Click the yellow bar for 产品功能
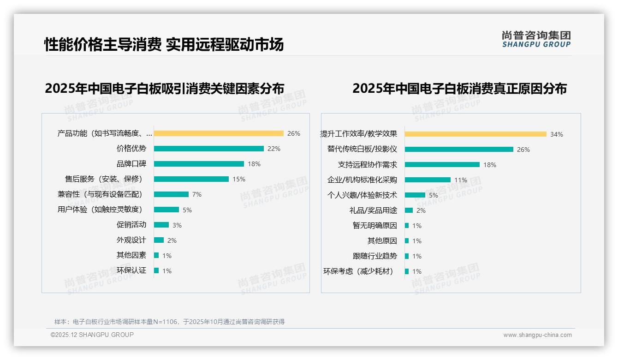(x=219, y=133)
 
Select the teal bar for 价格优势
(x=209, y=149)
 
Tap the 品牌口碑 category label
(x=131, y=164)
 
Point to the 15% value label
(x=239, y=179)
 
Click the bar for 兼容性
(x=171, y=194)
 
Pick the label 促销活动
(x=131, y=225)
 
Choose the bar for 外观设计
(x=159, y=240)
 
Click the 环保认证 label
(x=131, y=270)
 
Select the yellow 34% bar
(x=475, y=134)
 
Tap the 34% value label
(x=556, y=134)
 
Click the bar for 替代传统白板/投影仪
(x=459, y=150)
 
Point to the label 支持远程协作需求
(x=367, y=165)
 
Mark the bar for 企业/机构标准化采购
(x=428, y=180)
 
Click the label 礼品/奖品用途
(x=373, y=210)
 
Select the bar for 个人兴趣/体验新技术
(x=415, y=195)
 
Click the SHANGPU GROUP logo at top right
(x=536, y=39)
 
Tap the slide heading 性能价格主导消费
(x=103, y=44)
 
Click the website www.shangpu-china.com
(x=537, y=335)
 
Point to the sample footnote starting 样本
(x=169, y=322)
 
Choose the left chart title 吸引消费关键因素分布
(x=164, y=88)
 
